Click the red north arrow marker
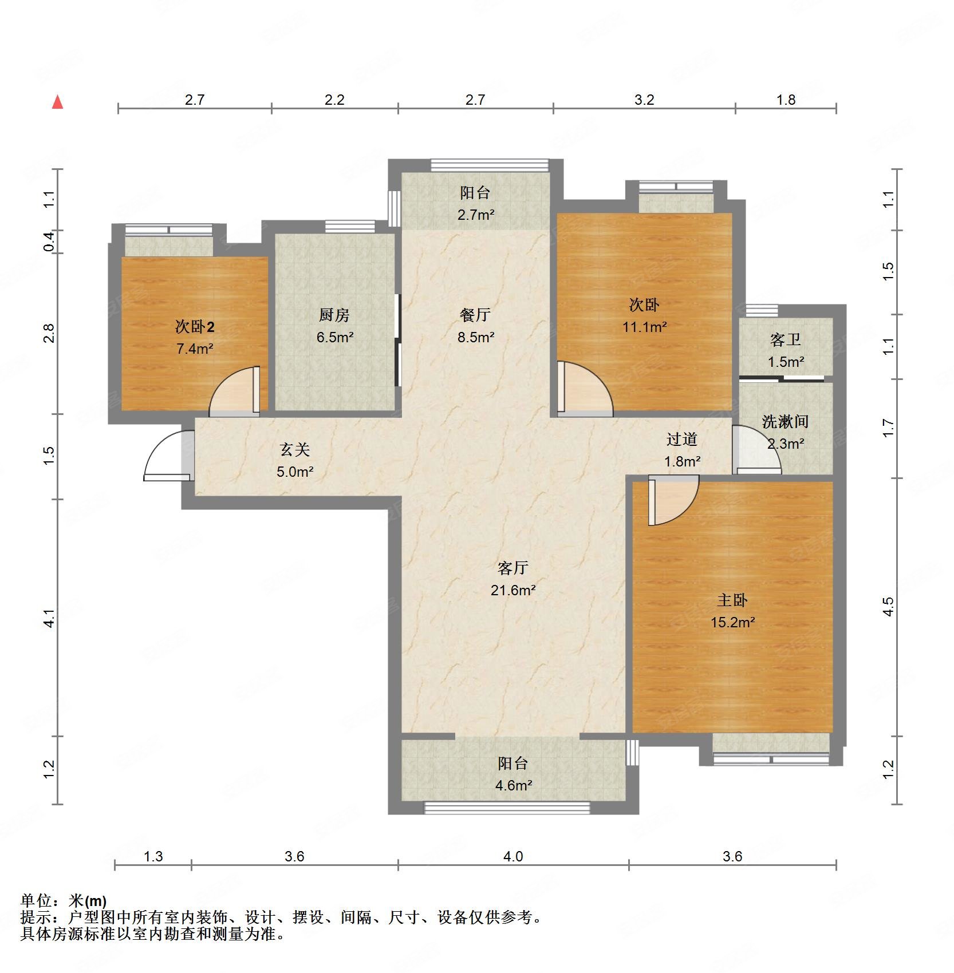pos(57,102)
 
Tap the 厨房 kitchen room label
pos(334,315)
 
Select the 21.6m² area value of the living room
pos(513,590)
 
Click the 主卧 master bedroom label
pos(732,600)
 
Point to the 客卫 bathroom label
pos(786,340)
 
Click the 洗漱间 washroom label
pos(785,422)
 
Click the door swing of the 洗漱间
pos(756,450)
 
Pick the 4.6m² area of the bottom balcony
pos(514,785)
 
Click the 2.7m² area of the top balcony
pos(476,215)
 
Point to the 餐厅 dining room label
pos(475,315)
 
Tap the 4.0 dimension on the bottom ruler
pos(513,856)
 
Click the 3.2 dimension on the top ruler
pos(644,100)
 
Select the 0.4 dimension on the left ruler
pos(49,241)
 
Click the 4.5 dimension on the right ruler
pos(888,607)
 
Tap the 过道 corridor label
pos(682,440)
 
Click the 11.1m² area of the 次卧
pos(645,327)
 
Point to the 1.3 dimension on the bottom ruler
pos(153,856)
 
